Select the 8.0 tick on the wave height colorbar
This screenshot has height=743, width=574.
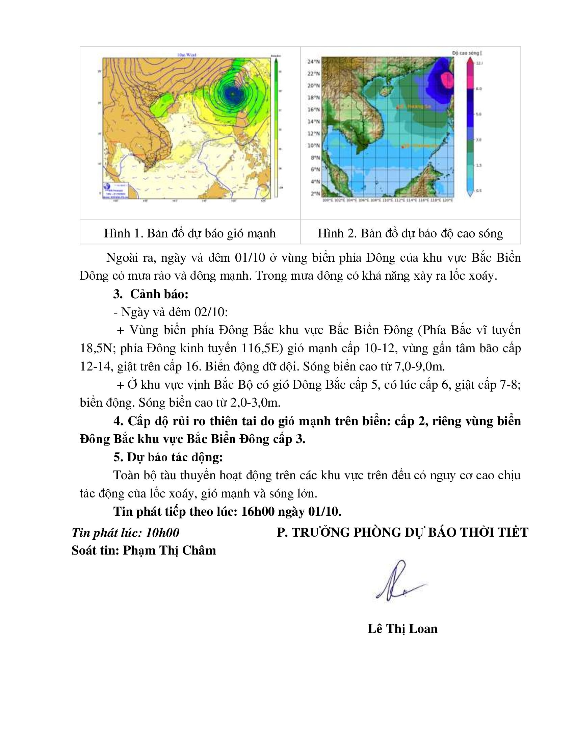click(x=478, y=89)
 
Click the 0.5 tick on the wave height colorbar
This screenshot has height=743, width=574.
click(x=478, y=191)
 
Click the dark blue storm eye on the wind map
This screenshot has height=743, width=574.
click(x=232, y=93)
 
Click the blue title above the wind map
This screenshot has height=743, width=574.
click(x=187, y=55)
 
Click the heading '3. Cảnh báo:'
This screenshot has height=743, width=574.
click(x=151, y=294)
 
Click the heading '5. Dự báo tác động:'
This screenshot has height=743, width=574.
click(x=168, y=457)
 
